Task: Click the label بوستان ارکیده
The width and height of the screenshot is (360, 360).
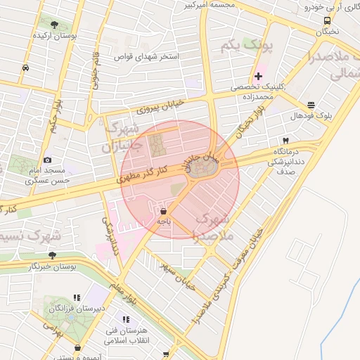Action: click(77, 34)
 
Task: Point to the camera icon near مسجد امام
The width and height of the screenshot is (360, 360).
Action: click(47, 160)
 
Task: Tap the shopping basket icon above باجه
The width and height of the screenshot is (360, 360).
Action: click(164, 210)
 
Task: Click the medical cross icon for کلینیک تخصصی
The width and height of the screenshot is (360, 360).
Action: click(259, 75)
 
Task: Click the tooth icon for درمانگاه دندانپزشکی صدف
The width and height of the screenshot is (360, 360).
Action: click(285, 140)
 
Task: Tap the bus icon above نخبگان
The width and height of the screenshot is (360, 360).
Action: click(327, 20)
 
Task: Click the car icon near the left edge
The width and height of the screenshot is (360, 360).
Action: click(25, 67)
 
